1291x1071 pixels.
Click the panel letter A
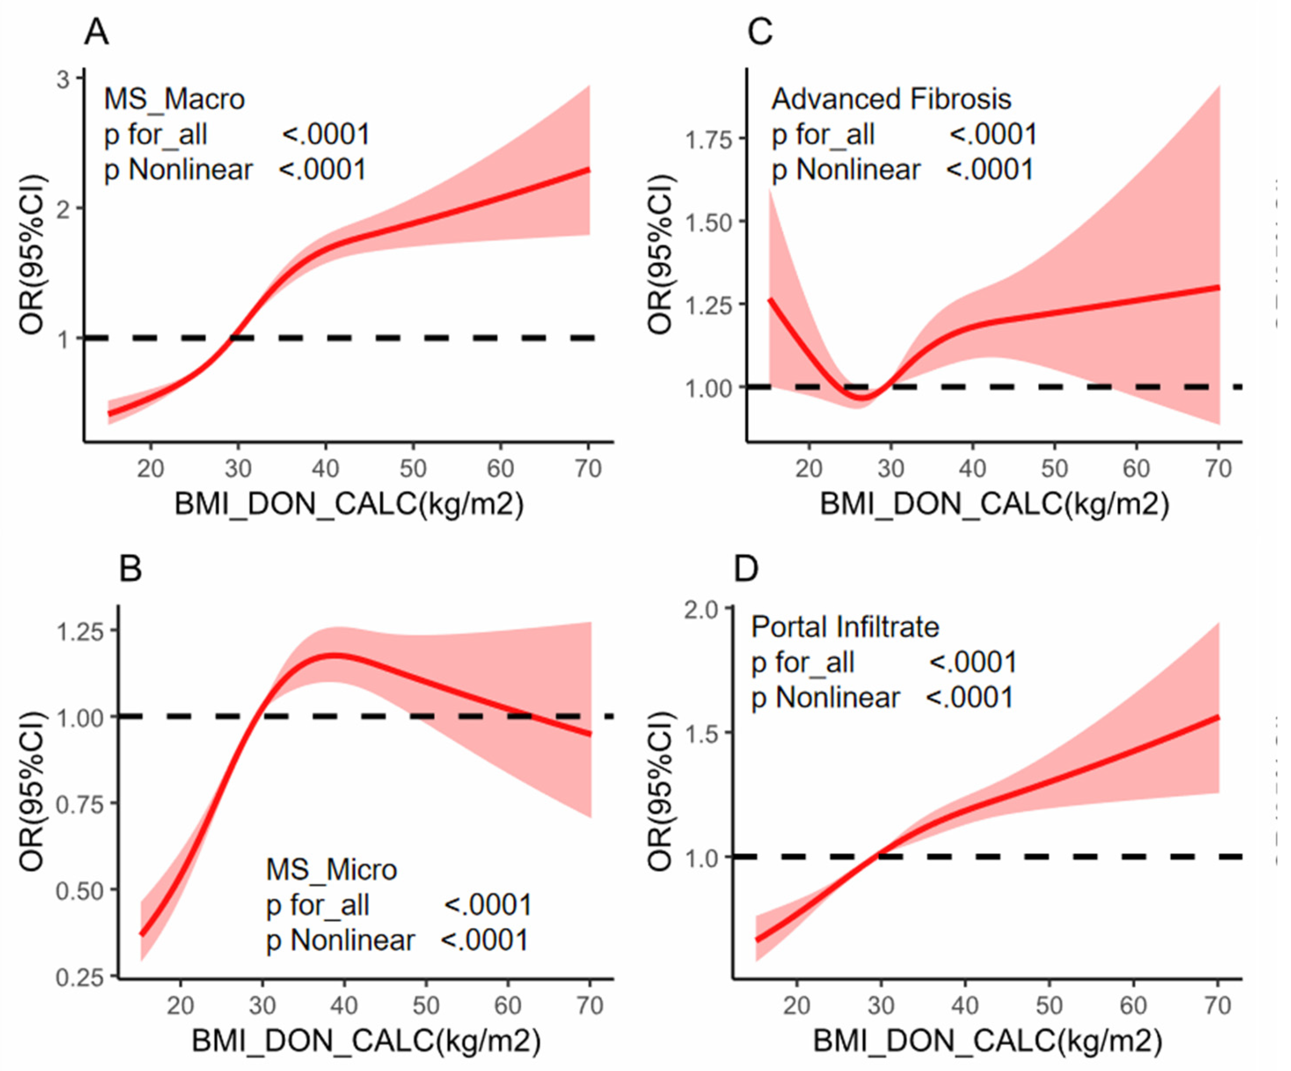click(97, 32)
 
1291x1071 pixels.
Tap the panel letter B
click(130, 569)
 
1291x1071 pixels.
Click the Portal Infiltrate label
click(845, 627)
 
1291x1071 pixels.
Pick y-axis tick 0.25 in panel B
click(79, 978)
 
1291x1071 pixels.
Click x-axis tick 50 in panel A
click(413, 469)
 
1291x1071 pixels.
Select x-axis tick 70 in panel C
click(1218, 469)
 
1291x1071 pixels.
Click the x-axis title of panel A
click(349, 505)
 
